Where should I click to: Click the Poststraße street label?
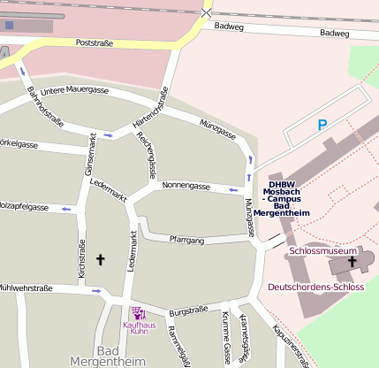(x=97, y=42)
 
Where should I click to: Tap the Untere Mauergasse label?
(x=74, y=90)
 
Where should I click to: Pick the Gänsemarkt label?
(x=89, y=153)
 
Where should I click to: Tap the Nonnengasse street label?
(x=186, y=187)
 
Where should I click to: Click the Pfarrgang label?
(x=186, y=240)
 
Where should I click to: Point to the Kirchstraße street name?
(x=82, y=262)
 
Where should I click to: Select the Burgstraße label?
(x=188, y=310)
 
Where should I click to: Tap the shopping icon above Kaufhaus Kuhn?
(x=139, y=312)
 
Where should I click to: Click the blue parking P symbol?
(x=322, y=126)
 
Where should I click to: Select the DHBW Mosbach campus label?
(x=281, y=199)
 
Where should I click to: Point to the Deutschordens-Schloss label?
(x=315, y=287)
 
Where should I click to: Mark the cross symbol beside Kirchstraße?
(x=100, y=260)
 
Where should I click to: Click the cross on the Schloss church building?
(x=352, y=262)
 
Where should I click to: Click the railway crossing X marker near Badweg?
(x=206, y=12)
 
